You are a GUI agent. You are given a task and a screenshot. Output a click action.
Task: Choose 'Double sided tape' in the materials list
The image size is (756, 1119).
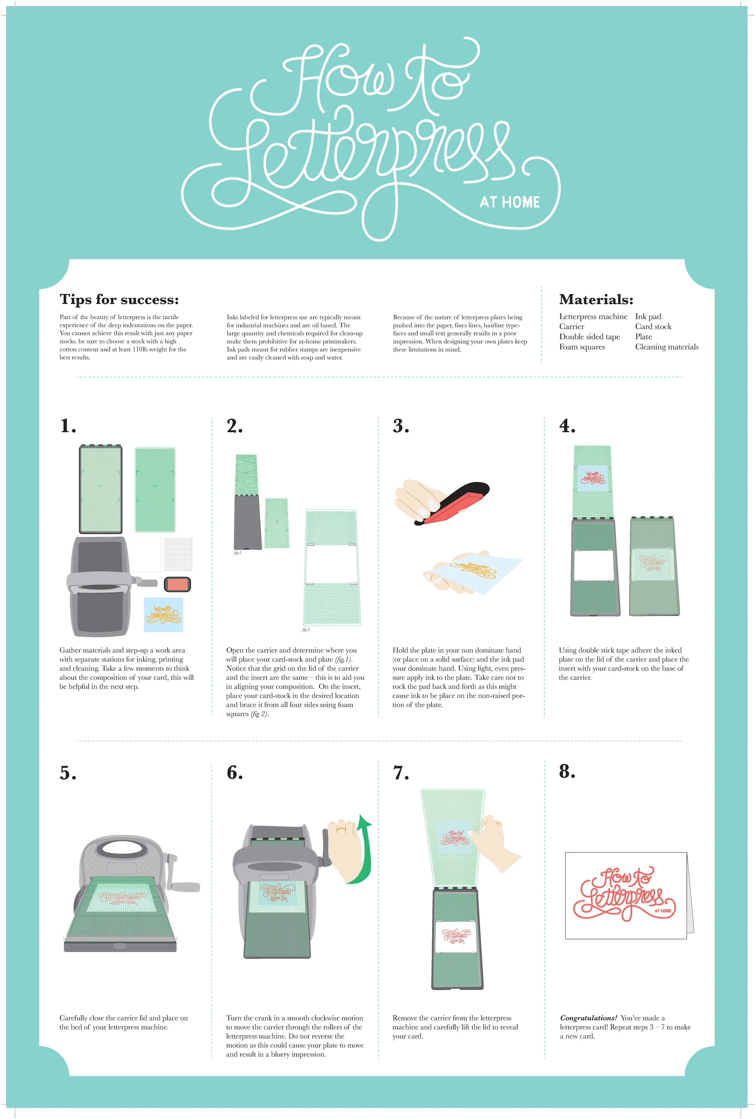click(x=589, y=337)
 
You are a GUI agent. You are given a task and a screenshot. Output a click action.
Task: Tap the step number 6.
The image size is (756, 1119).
click(x=234, y=772)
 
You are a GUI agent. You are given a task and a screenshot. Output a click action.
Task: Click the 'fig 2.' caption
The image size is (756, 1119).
click(x=306, y=629)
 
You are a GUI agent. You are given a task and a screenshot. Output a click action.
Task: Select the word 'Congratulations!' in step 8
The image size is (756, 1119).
click(x=588, y=1018)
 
